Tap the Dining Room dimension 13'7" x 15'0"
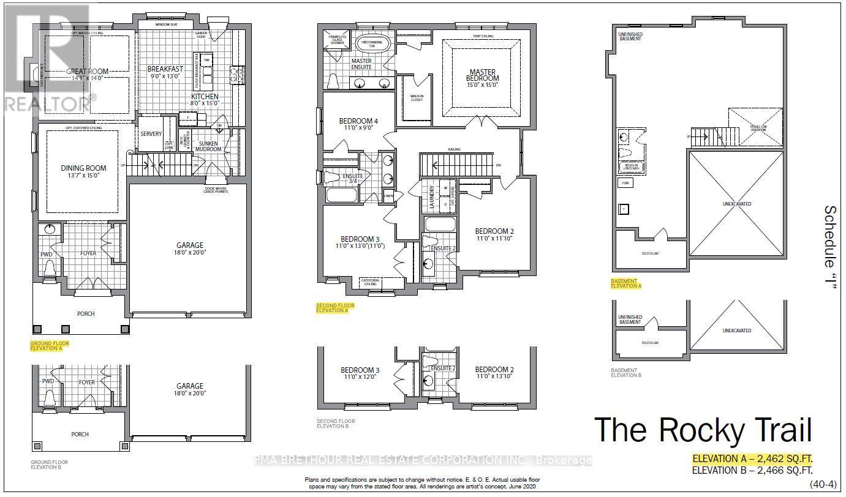pyautogui.click(x=83, y=176)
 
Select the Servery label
pyautogui.click(x=151, y=134)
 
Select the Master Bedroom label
pyautogui.click(x=483, y=75)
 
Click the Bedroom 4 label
pyautogui.click(x=358, y=121)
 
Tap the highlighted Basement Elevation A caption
pyautogui.click(x=626, y=283)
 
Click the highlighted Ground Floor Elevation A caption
pyautogui.click(x=50, y=346)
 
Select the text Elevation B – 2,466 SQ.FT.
pyautogui.click(x=752, y=471)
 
